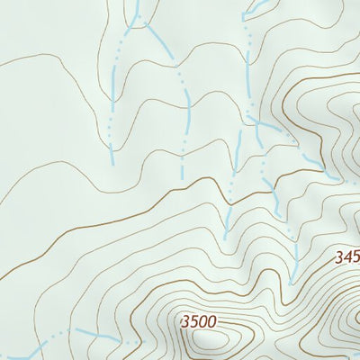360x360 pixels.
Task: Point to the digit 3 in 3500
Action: coord(184,321)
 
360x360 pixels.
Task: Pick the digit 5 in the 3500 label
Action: coord(194,321)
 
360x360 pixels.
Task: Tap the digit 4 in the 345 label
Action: coord(346,256)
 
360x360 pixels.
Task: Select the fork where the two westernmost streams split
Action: coord(135,20)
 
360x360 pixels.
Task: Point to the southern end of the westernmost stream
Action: coord(112,162)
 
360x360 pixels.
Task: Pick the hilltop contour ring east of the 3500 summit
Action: coord(346,324)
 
